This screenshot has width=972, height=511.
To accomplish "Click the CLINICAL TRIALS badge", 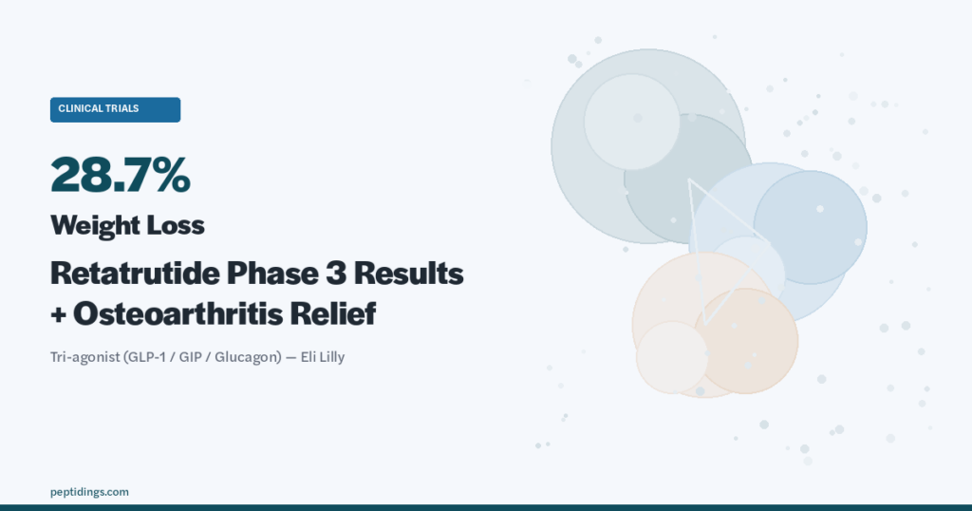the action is tap(115, 110).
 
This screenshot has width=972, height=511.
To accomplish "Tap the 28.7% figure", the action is tap(121, 175).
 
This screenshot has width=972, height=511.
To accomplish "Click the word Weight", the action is tap(91, 225).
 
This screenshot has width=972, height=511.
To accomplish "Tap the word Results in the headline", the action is tap(408, 273).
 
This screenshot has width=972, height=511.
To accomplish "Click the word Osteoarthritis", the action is tap(178, 313).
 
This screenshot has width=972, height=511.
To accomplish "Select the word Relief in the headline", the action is tap(333, 313).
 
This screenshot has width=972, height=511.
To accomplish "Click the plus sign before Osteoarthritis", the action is tap(58, 315).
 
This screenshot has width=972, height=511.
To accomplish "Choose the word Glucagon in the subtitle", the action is tap(246, 358).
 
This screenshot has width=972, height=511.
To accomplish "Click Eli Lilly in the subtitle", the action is tap(323, 357).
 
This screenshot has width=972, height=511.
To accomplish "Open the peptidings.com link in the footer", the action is tap(89, 492).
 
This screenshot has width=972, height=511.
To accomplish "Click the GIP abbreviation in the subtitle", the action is tap(190, 358).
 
